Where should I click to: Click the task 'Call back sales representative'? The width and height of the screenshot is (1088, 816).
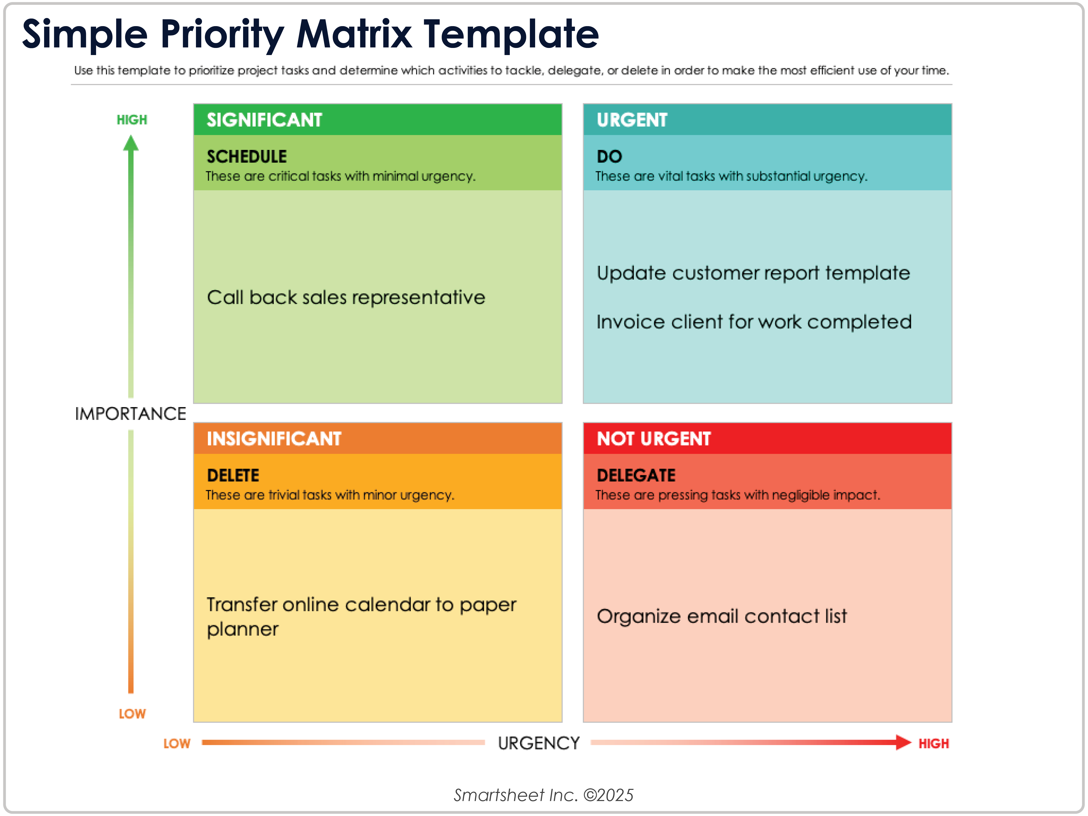pyautogui.click(x=346, y=297)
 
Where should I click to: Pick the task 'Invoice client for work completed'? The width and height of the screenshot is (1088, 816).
pyautogui.click(x=754, y=322)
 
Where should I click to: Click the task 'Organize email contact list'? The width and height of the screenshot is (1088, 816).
pyautogui.click(x=721, y=616)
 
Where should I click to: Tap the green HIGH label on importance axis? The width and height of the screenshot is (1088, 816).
pyautogui.click(x=132, y=119)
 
